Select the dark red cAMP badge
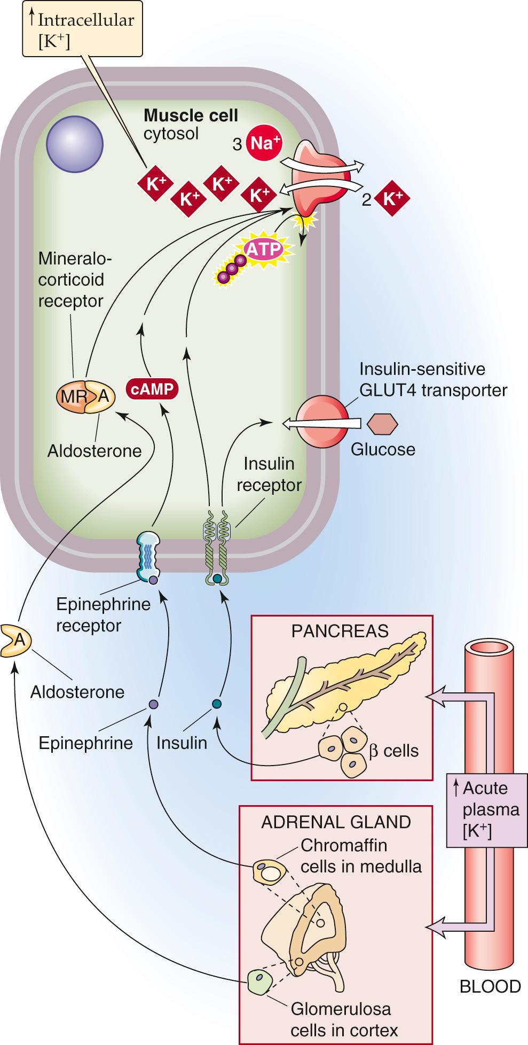coord(151,389)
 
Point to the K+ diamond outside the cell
coord(392,199)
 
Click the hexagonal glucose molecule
coord(382,424)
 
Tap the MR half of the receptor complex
coord(72,396)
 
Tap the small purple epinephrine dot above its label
coord(153,704)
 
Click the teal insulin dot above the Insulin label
coord(216,704)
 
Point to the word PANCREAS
coord(340,631)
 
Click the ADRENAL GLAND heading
coord(336,822)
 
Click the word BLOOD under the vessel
coord(490,986)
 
